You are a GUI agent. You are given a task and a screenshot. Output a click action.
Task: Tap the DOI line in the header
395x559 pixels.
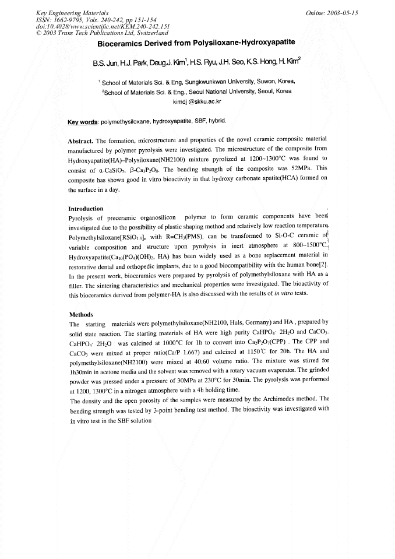pos(86,26)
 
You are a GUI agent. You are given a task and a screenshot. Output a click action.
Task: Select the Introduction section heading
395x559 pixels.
pos(86,209)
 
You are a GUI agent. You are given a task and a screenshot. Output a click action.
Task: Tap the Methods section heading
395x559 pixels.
pos(81,315)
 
